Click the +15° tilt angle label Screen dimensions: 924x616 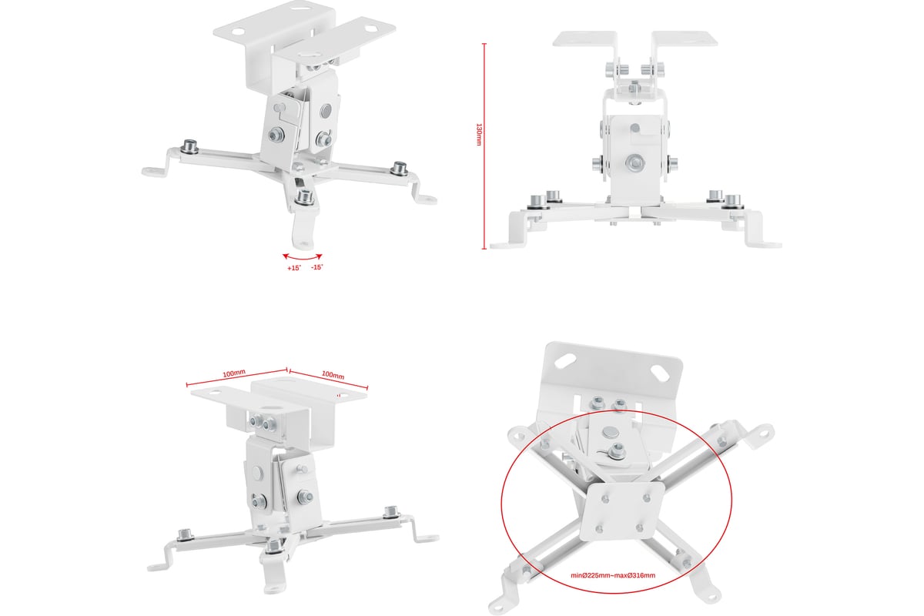point(294,268)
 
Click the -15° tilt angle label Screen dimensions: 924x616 point(316,267)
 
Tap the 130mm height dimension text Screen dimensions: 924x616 point(479,134)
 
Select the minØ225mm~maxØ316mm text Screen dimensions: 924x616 point(613,575)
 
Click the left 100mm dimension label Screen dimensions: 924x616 point(234,373)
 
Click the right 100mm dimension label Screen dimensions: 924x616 point(333,375)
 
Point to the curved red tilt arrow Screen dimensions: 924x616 point(303,258)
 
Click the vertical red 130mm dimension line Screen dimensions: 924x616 point(484,146)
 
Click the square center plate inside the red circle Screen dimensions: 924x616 point(622,512)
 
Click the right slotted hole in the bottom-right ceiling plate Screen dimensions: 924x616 point(660,373)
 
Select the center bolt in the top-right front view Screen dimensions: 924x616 point(634,162)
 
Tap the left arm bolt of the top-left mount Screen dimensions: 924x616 point(190,147)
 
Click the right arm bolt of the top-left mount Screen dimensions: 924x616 point(400,169)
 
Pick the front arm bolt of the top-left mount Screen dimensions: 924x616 point(304,197)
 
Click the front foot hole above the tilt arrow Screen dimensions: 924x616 point(304,244)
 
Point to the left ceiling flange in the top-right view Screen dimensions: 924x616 point(584,38)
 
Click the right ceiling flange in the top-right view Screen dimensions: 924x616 point(685,38)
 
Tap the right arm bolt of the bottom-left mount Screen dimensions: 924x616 point(391,512)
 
